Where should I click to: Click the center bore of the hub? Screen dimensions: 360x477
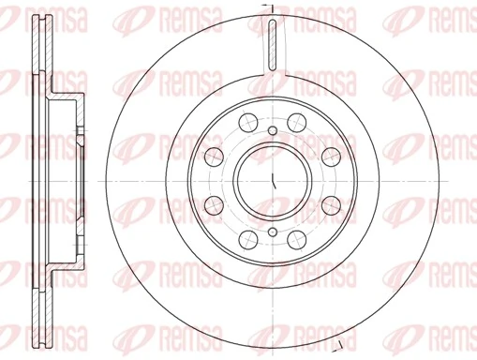269,179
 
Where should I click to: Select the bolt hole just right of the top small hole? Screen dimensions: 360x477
295,120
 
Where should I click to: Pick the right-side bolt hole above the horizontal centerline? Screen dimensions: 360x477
331,155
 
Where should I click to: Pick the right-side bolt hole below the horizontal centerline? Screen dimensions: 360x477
331,203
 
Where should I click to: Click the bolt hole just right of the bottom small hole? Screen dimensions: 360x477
295,238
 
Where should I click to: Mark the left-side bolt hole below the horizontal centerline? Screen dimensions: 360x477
213,203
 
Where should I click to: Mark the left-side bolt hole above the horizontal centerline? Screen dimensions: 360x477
213,155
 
